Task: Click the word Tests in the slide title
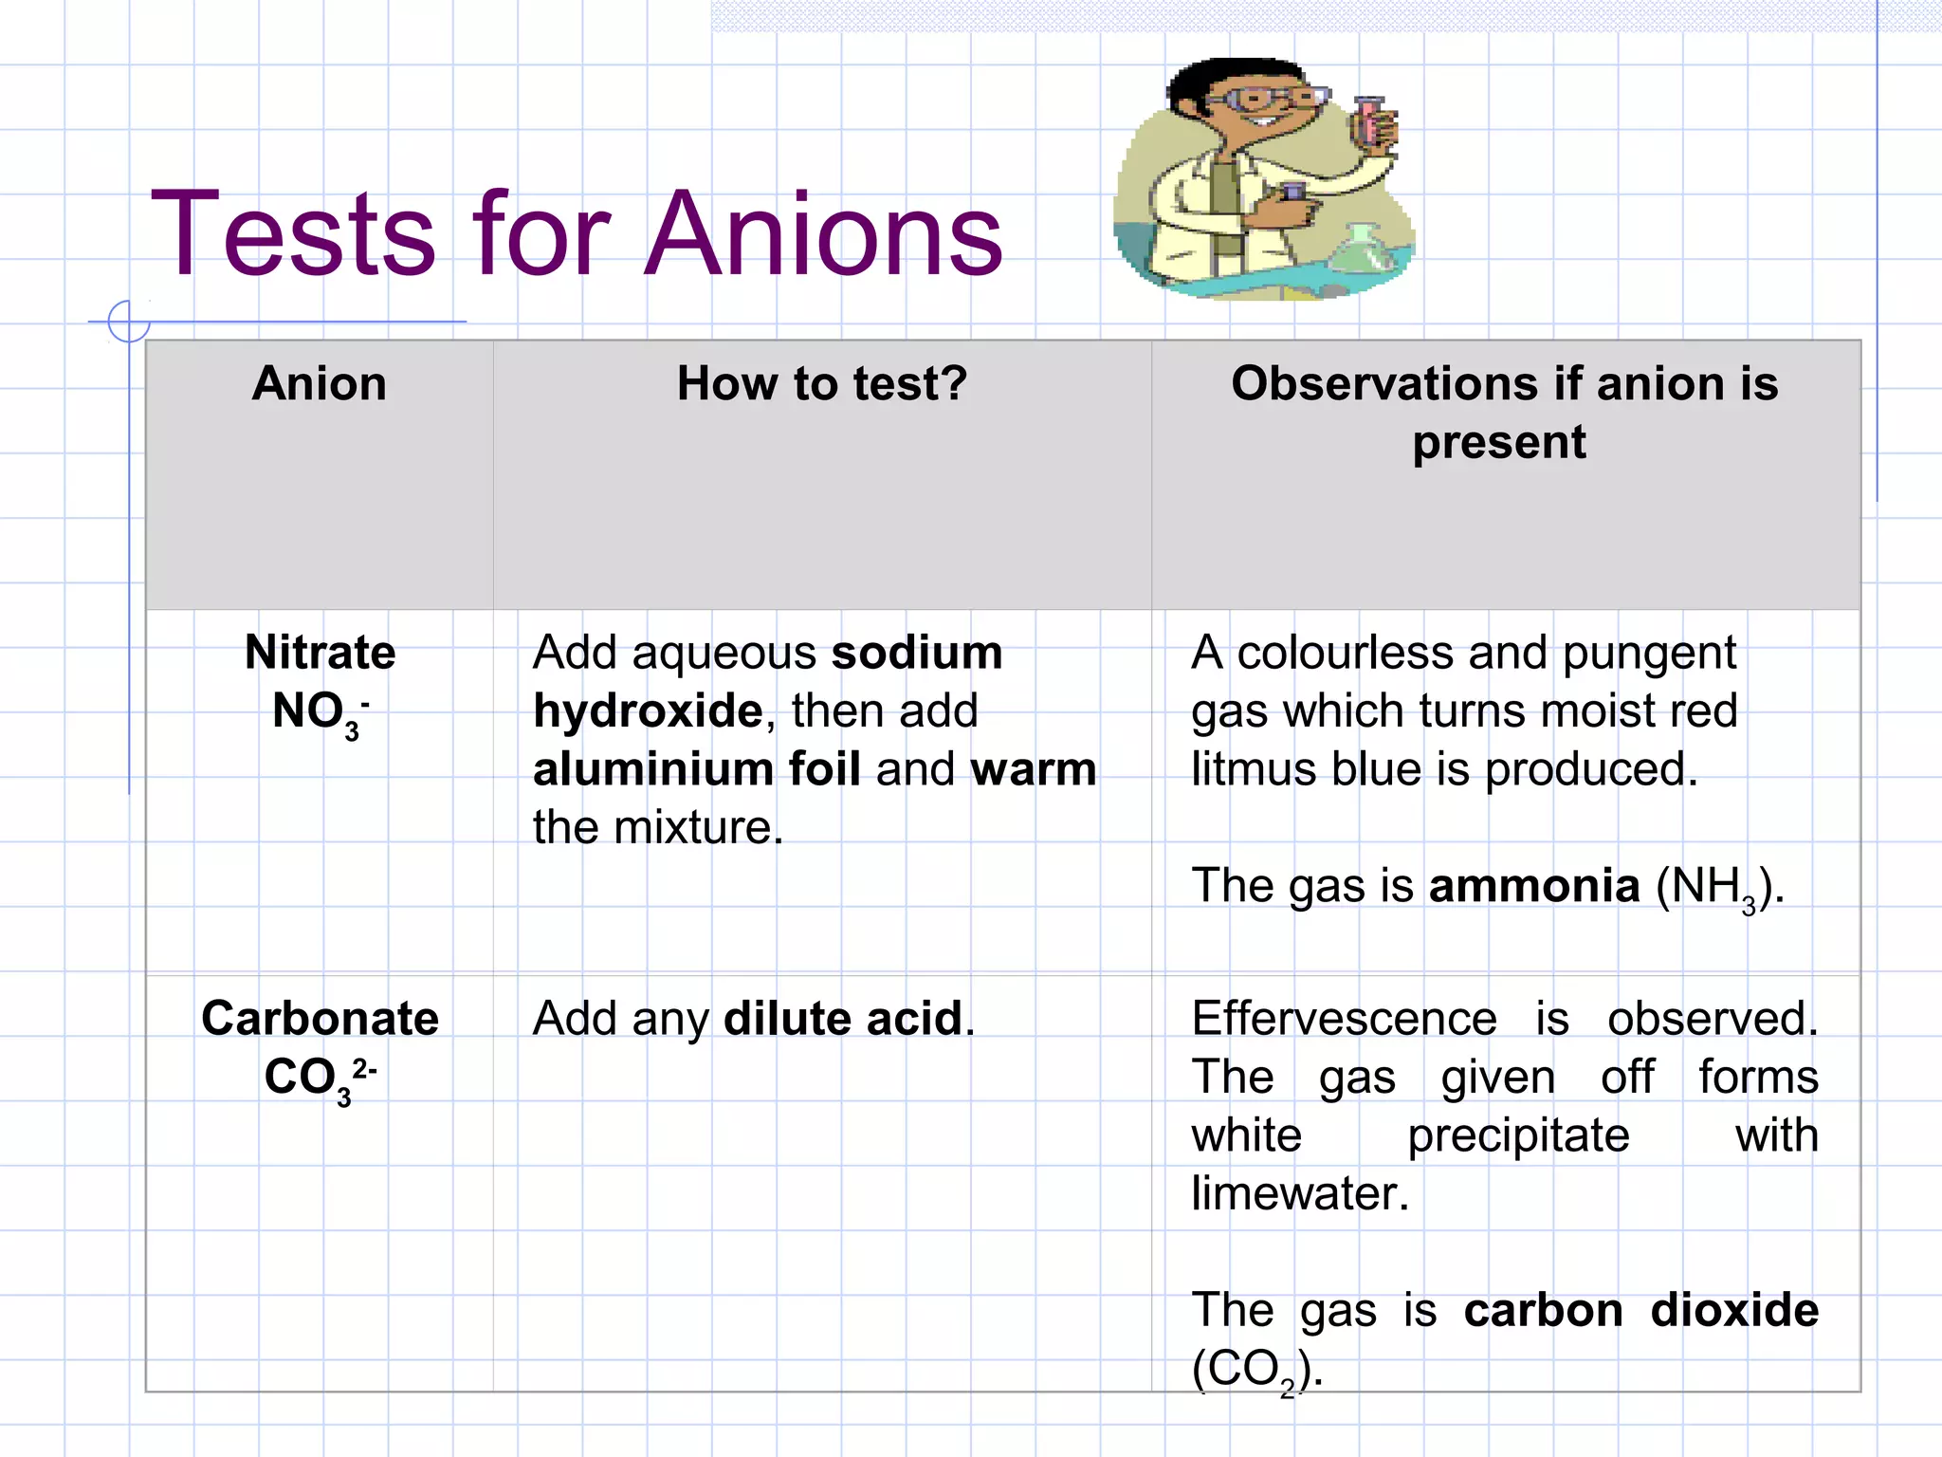point(293,234)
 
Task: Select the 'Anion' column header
point(320,384)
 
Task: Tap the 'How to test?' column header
point(822,384)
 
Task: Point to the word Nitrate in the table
point(320,653)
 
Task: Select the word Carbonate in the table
point(320,1019)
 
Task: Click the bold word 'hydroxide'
point(648,711)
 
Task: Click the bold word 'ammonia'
point(1534,886)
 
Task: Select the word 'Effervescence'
point(1344,1019)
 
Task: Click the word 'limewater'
point(1299,1193)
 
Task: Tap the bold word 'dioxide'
point(1734,1310)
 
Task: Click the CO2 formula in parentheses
point(1255,1370)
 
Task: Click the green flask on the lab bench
point(1362,251)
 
